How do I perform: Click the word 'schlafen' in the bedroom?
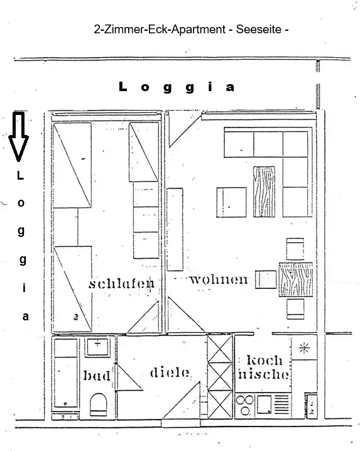pyautogui.click(x=121, y=283)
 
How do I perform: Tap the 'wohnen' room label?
pyautogui.click(x=219, y=280)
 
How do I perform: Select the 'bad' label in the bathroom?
pyautogui.click(x=97, y=376)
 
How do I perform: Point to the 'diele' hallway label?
pyautogui.click(x=170, y=372)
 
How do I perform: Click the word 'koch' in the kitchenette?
pyautogui.click(x=265, y=360)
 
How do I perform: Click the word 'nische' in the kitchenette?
pyautogui.click(x=263, y=374)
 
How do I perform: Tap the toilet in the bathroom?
pyautogui.click(x=99, y=405)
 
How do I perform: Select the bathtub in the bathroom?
pyautogui.click(x=66, y=373)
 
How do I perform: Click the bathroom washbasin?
pyautogui.click(x=98, y=347)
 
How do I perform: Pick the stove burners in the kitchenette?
pyautogui.click(x=244, y=405)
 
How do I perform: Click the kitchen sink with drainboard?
pyautogui.click(x=273, y=405)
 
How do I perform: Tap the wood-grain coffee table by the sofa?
pyautogui.click(x=264, y=192)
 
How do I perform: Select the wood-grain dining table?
pyautogui.click(x=296, y=280)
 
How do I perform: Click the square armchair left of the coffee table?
pyautogui.click(x=231, y=202)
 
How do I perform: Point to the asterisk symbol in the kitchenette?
pyautogui.click(x=304, y=348)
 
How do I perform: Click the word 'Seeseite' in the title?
pyautogui.click(x=259, y=30)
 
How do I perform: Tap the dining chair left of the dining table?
pyautogui.click(x=266, y=280)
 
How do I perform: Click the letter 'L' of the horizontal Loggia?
pyautogui.click(x=123, y=86)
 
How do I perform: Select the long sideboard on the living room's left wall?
pyautogui.click(x=175, y=229)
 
